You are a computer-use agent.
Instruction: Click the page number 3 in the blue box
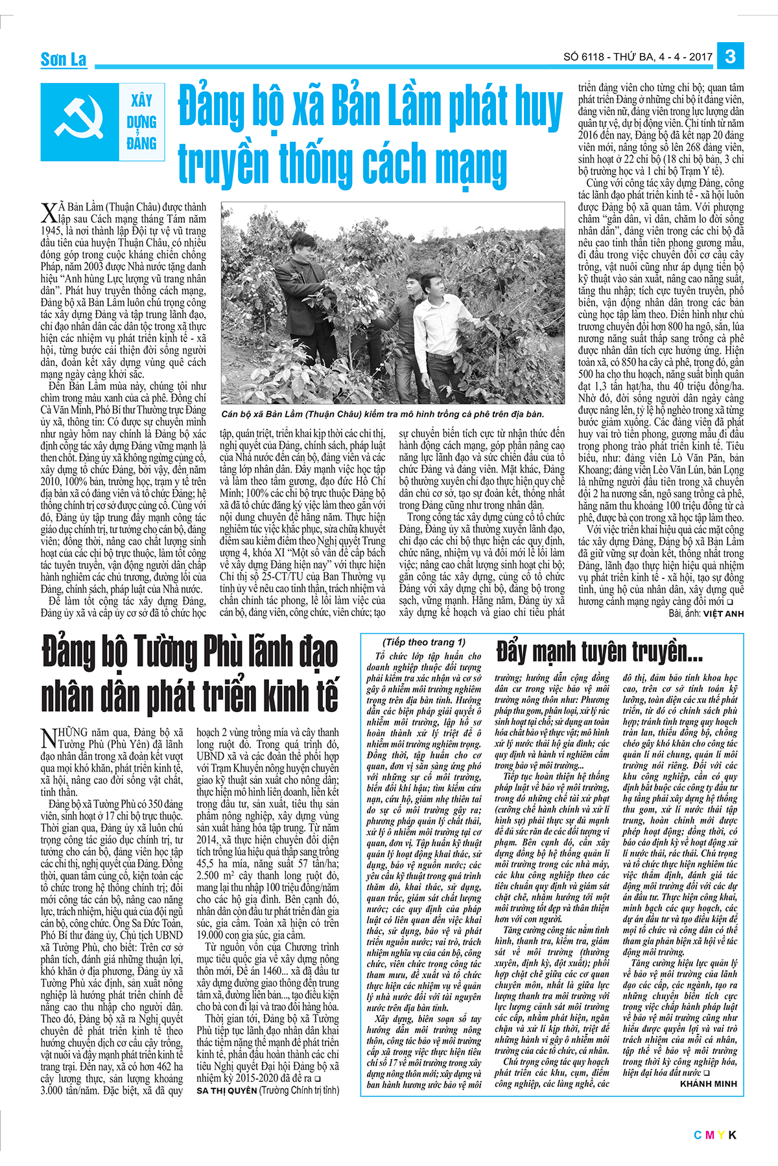click(x=730, y=56)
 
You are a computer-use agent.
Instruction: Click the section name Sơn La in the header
click(x=64, y=60)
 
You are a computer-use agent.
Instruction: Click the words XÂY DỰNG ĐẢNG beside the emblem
click(x=142, y=122)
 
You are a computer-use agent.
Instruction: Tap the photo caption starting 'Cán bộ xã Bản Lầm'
click(x=383, y=414)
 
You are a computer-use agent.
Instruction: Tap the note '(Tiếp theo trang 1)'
click(x=424, y=642)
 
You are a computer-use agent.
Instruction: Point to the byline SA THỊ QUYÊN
click(x=226, y=1090)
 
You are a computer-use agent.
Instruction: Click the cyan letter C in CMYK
click(x=698, y=1134)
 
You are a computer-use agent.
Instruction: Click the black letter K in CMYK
click(x=733, y=1134)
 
